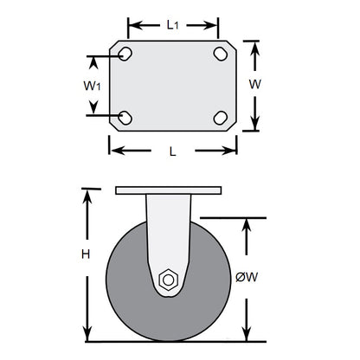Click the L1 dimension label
pos(173,25)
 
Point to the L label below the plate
pos(173,151)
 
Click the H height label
pos(85,254)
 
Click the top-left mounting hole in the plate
pos(125,55)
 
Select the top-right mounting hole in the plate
pos(220,55)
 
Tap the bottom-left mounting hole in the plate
pos(125,117)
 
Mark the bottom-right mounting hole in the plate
pos(220,117)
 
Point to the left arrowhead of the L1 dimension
pos(132,25)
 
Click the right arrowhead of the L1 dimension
pos(214,25)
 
